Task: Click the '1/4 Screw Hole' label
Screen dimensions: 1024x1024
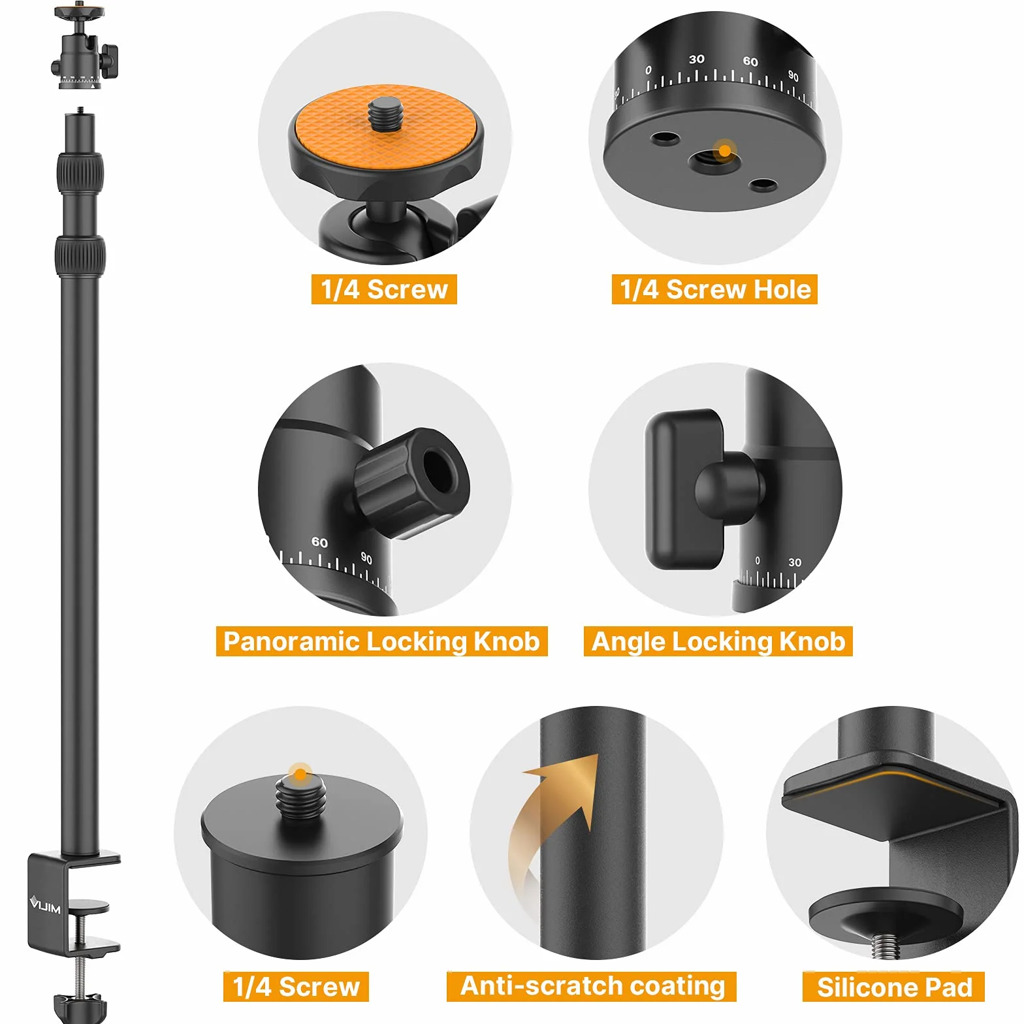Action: tap(714, 289)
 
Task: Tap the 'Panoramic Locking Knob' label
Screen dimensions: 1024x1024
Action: tap(381, 641)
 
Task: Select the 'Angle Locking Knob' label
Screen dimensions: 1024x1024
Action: tap(718, 641)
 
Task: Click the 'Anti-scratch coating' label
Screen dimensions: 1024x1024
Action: tap(592, 986)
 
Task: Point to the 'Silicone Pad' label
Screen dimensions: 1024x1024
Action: tap(893, 987)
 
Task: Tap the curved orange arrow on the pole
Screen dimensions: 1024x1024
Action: tap(552, 823)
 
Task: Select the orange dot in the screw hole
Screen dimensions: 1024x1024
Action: tap(724, 151)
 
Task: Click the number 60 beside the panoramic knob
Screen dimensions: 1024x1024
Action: tap(319, 542)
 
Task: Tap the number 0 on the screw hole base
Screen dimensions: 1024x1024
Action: tap(648, 70)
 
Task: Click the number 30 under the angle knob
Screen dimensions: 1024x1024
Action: tap(795, 562)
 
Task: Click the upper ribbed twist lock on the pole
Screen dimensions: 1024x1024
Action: tap(80, 173)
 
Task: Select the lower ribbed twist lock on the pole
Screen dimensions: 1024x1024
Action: tap(80, 257)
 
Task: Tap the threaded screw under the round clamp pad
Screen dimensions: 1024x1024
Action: tap(886, 945)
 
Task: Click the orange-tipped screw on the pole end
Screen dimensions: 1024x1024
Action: tap(300, 796)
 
